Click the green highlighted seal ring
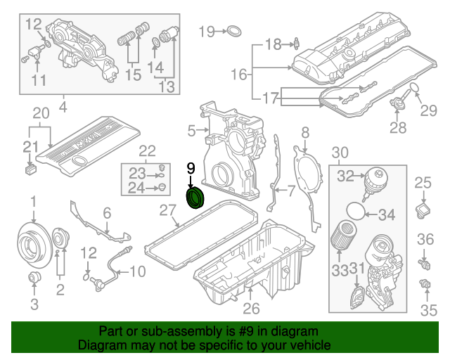[194, 198]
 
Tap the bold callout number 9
[190, 167]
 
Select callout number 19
[206, 31]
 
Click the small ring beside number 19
[233, 31]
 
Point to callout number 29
[428, 110]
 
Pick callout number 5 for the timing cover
[191, 130]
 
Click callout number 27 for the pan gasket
[167, 210]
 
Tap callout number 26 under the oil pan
[251, 308]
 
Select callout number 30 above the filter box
[340, 153]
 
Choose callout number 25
[422, 184]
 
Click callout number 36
[426, 240]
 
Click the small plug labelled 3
[32, 280]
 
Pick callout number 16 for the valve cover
[239, 74]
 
